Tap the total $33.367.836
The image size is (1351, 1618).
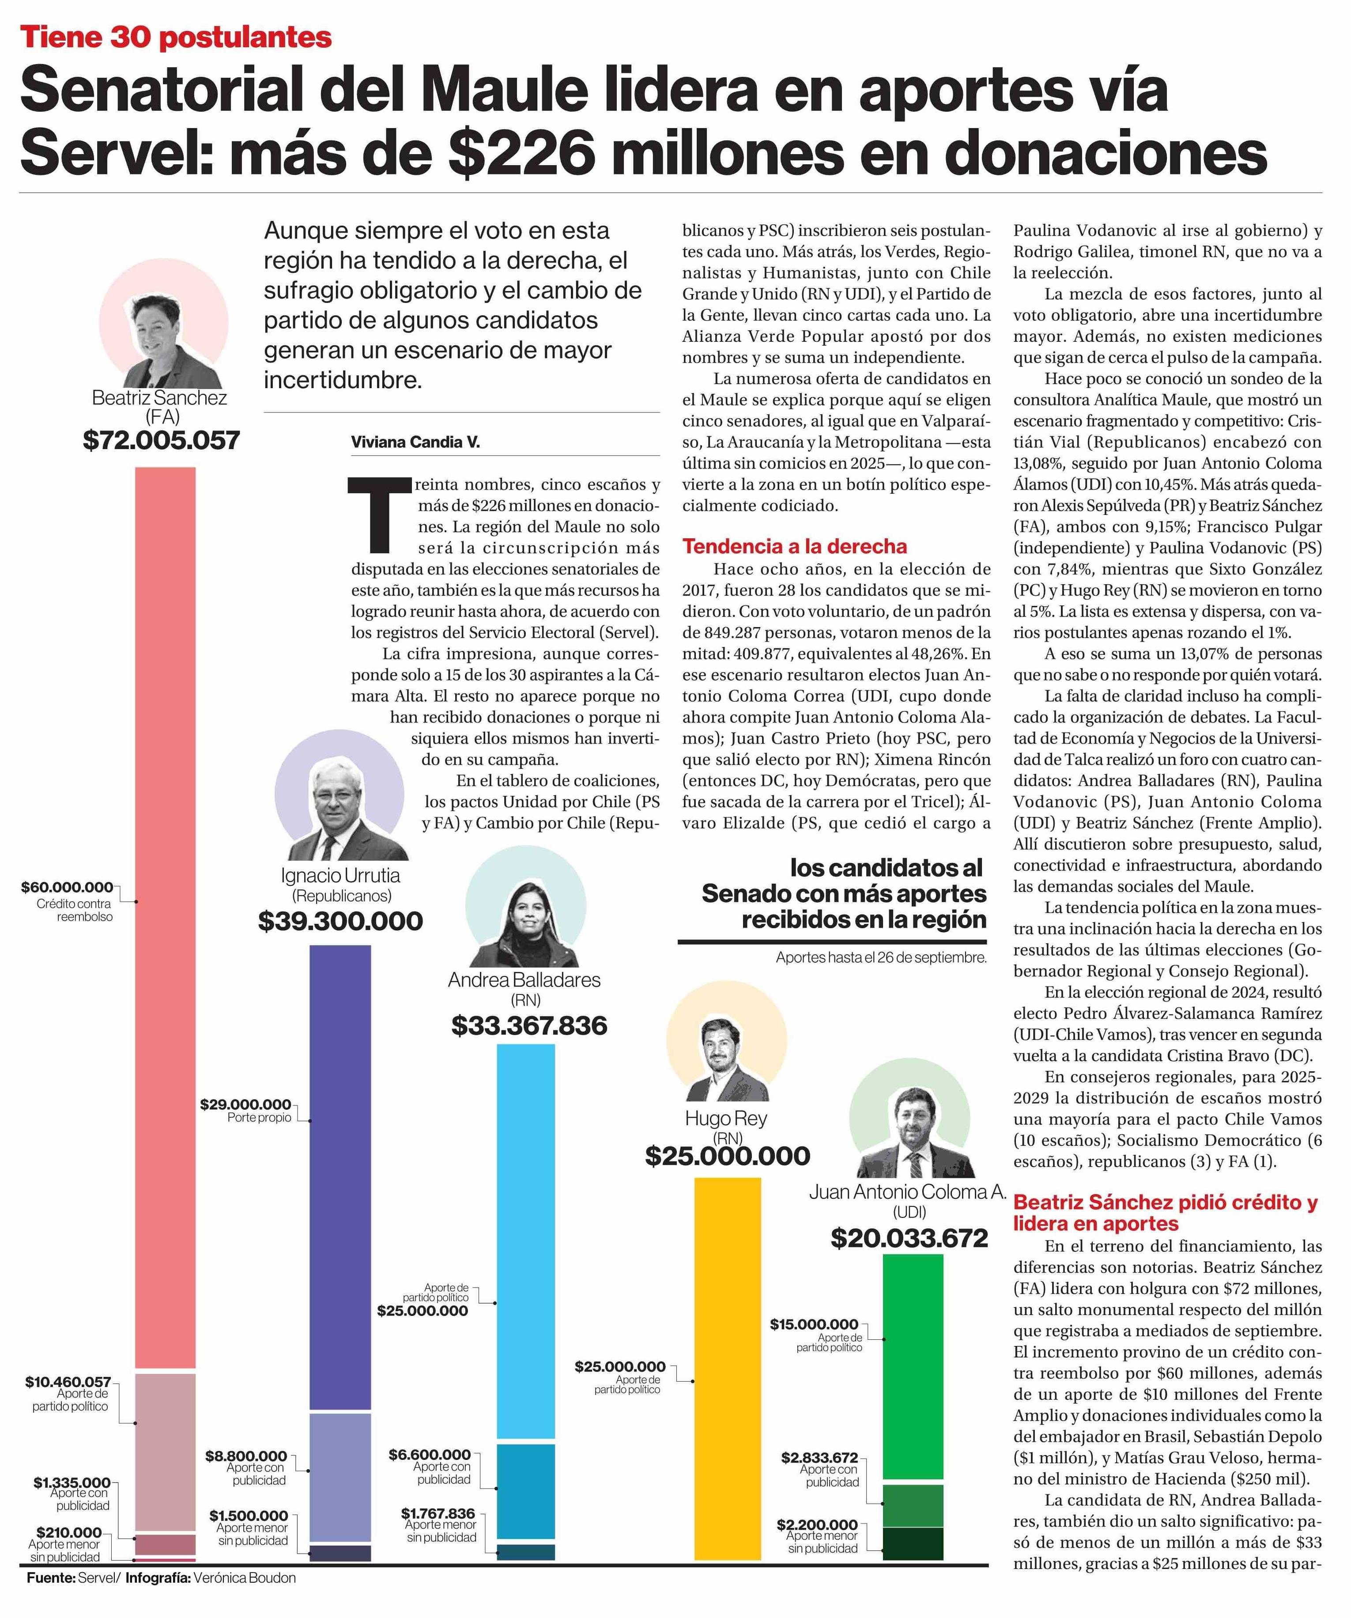point(529,1025)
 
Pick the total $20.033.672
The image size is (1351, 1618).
point(909,1238)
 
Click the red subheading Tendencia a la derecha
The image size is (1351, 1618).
point(794,546)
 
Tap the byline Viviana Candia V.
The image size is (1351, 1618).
point(415,442)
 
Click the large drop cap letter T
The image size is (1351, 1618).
point(379,515)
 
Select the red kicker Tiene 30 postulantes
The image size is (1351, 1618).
point(177,37)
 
